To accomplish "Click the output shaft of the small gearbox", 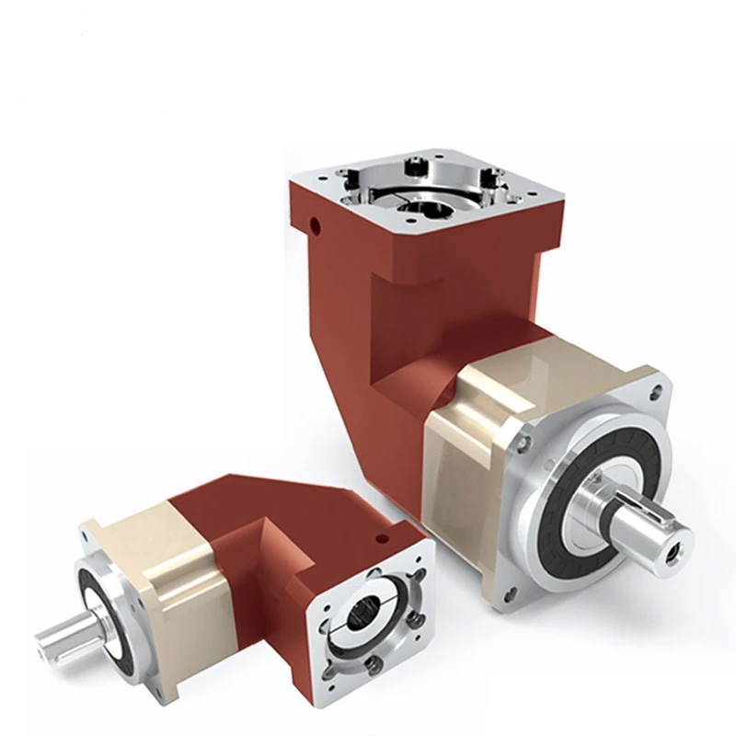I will coord(64,633).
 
